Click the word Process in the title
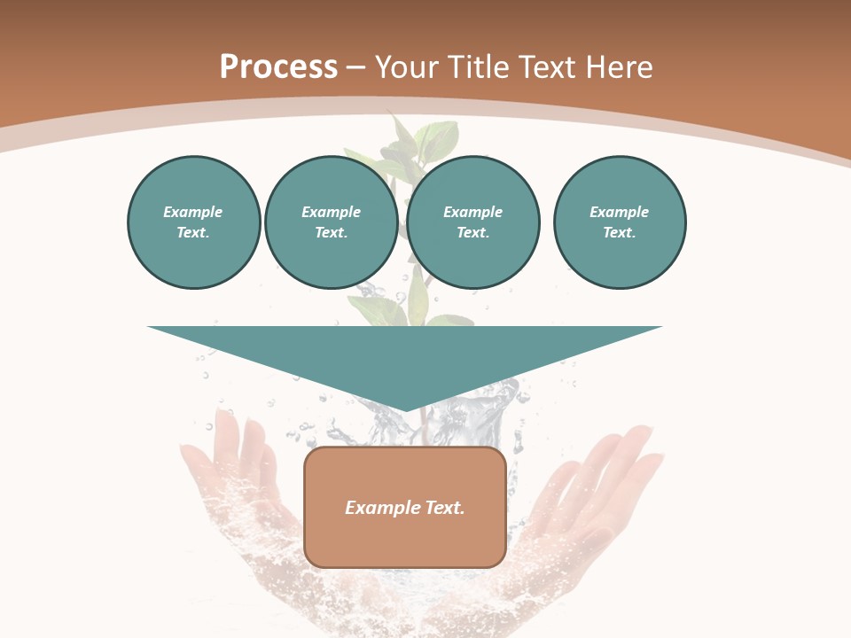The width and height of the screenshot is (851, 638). [278, 67]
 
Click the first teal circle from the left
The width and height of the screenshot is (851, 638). [193, 222]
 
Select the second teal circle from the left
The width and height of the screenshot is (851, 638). [331, 222]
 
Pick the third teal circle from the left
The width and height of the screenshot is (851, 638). [472, 222]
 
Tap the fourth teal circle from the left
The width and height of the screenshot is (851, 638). [619, 222]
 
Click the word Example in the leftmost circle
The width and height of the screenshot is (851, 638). [193, 212]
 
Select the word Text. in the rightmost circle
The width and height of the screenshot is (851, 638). [619, 232]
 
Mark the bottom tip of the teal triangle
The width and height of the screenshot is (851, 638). [405, 409]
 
